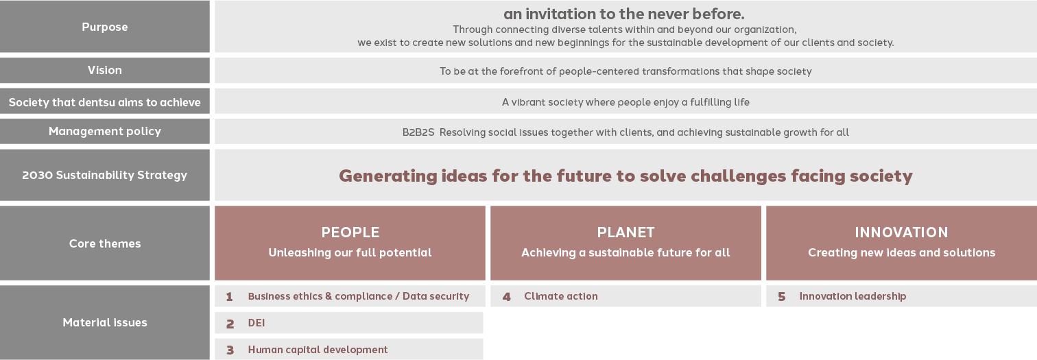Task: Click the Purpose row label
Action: pyautogui.click(x=105, y=27)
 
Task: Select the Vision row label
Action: pyautogui.click(x=105, y=70)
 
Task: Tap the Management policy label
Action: pyautogui.click(x=105, y=132)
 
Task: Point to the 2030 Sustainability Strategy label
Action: pyautogui.click(x=105, y=175)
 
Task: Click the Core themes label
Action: pyautogui.click(x=105, y=243)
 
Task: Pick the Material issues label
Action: pyautogui.click(x=105, y=322)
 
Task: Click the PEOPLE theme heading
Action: pyautogui.click(x=350, y=232)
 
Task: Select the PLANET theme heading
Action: pyautogui.click(x=626, y=232)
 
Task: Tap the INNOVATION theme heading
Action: pyautogui.click(x=901, y=232)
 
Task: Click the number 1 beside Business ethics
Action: pyautogui.click(x=229, y=297)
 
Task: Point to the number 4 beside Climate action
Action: pyautogui.click(x=506, y=297)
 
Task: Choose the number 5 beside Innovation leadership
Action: pyautogui.click(x=781, y=297)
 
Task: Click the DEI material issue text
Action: pyautogui.click(x=257, y=323)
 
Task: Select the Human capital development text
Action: pyautogui.click(x=318, y=350)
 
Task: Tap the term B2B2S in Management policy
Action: pyautogui.click(x=418, y=132)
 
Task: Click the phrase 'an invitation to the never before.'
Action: pyautogui.click(x=624, y=14)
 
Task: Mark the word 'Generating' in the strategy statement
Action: pyautogui.click(x=388, y=176)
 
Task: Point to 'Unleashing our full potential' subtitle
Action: pyautogui.click(x=350, y=252)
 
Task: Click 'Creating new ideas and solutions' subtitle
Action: pyautogui.click(x=901, y=252)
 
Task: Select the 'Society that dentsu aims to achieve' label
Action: pyautogui.click(x=105, y=102)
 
